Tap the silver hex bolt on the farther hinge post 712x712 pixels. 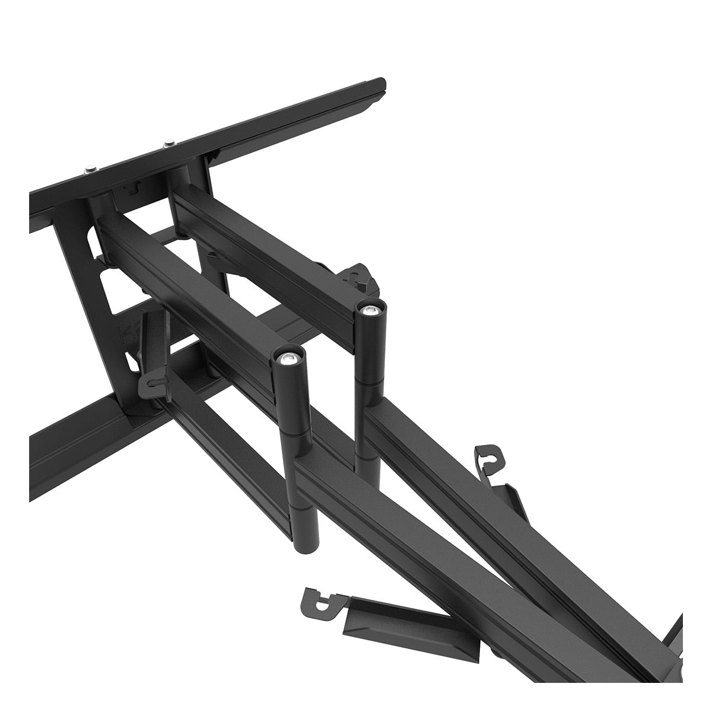pyautogui.click(x=371, y=309)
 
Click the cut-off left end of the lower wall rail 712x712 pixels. pyautogui.click(x=36, y=469)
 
